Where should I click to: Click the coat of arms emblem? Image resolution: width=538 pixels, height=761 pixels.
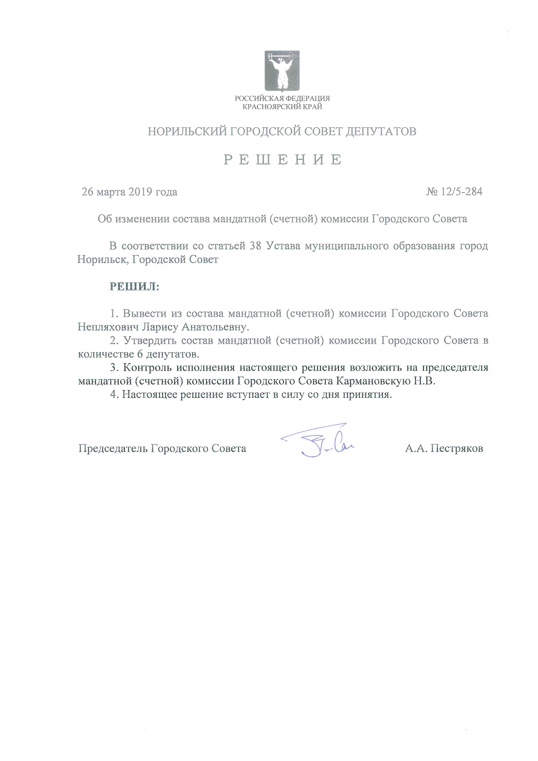282,71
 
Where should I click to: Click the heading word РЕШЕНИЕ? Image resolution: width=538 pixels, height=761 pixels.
282,160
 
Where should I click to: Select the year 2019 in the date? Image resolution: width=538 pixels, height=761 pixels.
140,192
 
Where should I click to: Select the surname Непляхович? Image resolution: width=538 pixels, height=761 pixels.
108,327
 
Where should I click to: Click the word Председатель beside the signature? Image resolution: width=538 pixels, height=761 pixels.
113,449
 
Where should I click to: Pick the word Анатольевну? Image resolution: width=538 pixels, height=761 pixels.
214,327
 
